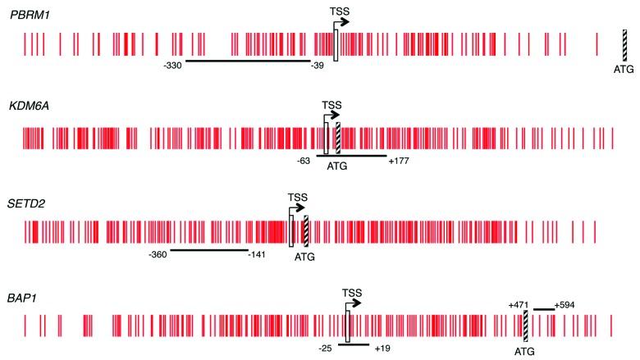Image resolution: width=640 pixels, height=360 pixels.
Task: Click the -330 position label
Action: click(173, 65)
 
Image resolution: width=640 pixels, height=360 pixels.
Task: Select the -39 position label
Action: click(317, 66)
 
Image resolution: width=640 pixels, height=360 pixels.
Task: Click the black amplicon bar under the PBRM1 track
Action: click(247, 61)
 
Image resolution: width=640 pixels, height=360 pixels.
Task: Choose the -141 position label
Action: click(258, 256)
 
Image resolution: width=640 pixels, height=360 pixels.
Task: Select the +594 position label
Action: click(565, 306)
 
